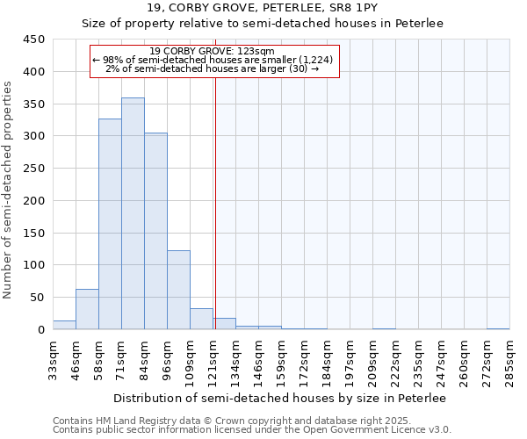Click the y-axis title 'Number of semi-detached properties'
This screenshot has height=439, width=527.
point(9,190)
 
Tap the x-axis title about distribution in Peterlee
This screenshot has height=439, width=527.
point(279,398)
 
